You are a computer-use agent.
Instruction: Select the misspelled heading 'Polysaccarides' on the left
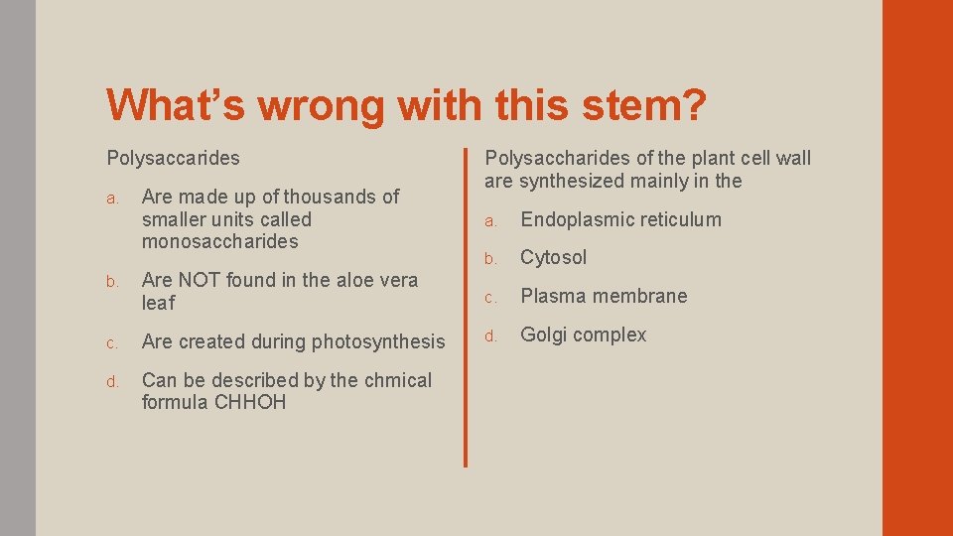173,158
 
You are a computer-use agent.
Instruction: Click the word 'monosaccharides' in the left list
219,241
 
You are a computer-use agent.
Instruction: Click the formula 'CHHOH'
249,402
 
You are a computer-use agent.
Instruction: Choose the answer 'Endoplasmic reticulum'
620,219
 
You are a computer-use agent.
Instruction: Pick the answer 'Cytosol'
553,257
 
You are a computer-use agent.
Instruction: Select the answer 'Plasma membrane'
604,296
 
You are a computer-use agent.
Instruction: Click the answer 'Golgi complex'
583,335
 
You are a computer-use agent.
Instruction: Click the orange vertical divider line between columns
465,307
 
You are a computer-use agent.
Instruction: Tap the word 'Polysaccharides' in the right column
551,158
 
